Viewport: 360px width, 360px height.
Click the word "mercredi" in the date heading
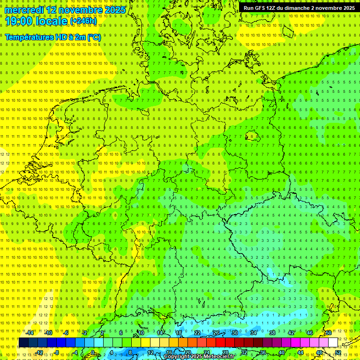(24, 10)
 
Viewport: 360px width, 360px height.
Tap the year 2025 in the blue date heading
(115, 10)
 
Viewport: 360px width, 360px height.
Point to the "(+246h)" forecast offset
(83, 21)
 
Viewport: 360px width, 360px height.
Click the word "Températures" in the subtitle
(29, 37)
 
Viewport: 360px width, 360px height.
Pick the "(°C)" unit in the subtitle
(94, 37)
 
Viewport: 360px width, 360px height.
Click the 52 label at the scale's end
(338, 352)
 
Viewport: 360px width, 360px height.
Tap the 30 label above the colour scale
(235, 333)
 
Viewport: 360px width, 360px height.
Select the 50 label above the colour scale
(329, 333)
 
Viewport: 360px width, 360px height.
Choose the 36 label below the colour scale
(263, 352)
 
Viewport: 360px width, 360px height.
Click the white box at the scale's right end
(333, 343)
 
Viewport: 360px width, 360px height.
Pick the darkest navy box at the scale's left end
(23, 343)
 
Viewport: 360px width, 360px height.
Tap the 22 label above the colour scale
(197, 333)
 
